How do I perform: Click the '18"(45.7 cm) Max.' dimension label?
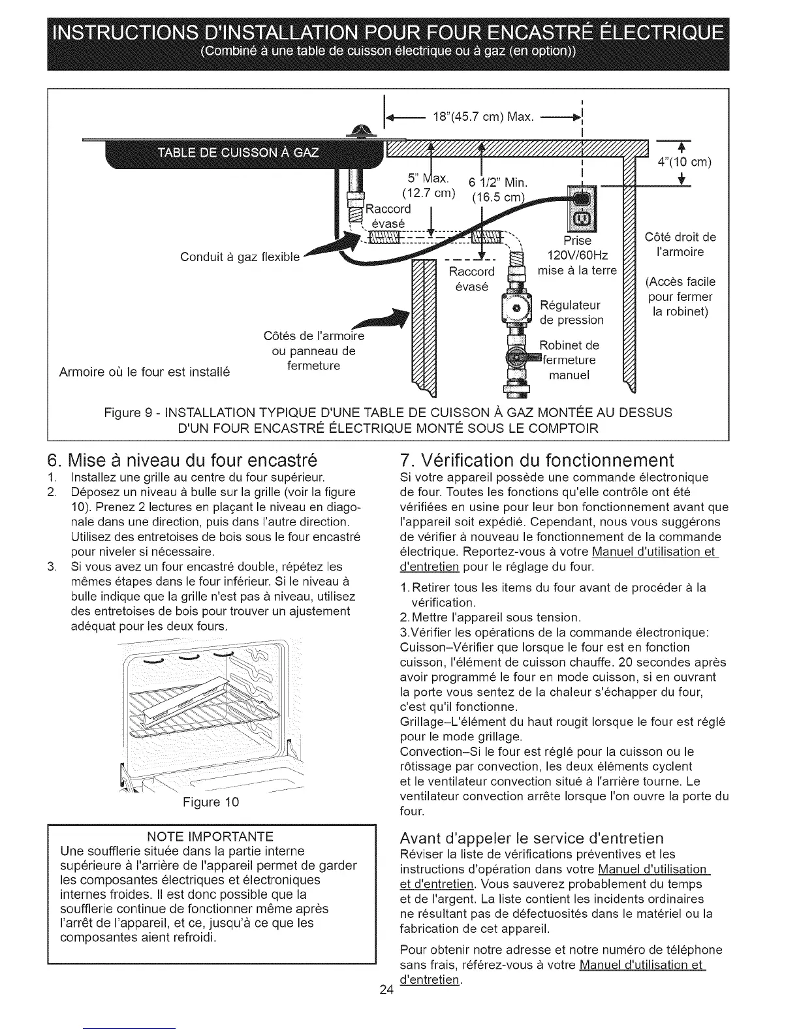(484, 117)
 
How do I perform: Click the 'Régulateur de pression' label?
(572, 313)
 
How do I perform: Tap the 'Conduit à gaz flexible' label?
(240, 257)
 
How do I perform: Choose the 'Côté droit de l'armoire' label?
(680, 244)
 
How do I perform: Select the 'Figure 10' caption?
(211, 802)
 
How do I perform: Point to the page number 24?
(386, 990)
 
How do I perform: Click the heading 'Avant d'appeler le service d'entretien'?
(531, 838)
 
